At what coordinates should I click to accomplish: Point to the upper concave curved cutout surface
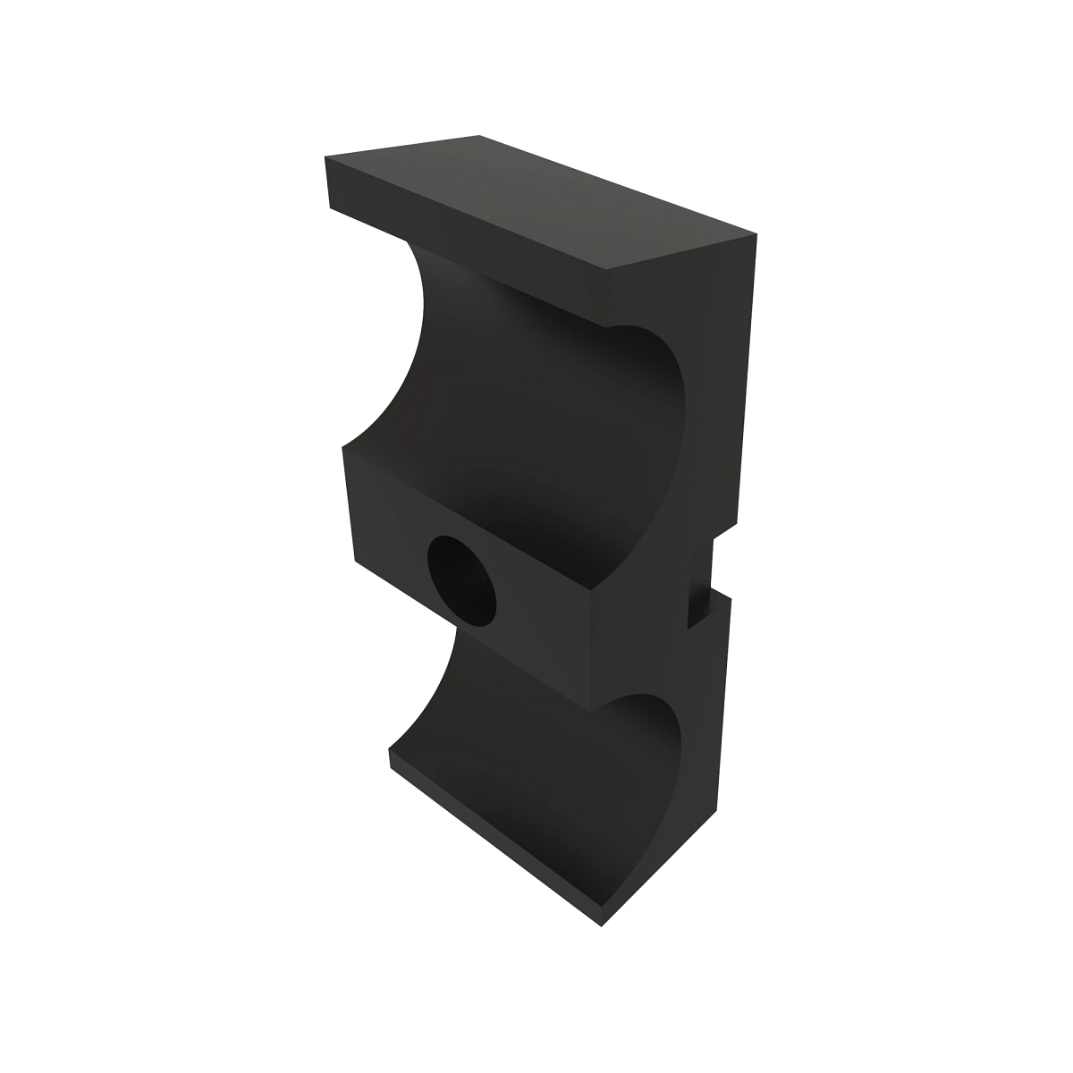pyautogui.click(x=536, y=393)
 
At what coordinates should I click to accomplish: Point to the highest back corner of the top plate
pyautogui.click(x=479, y=136)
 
